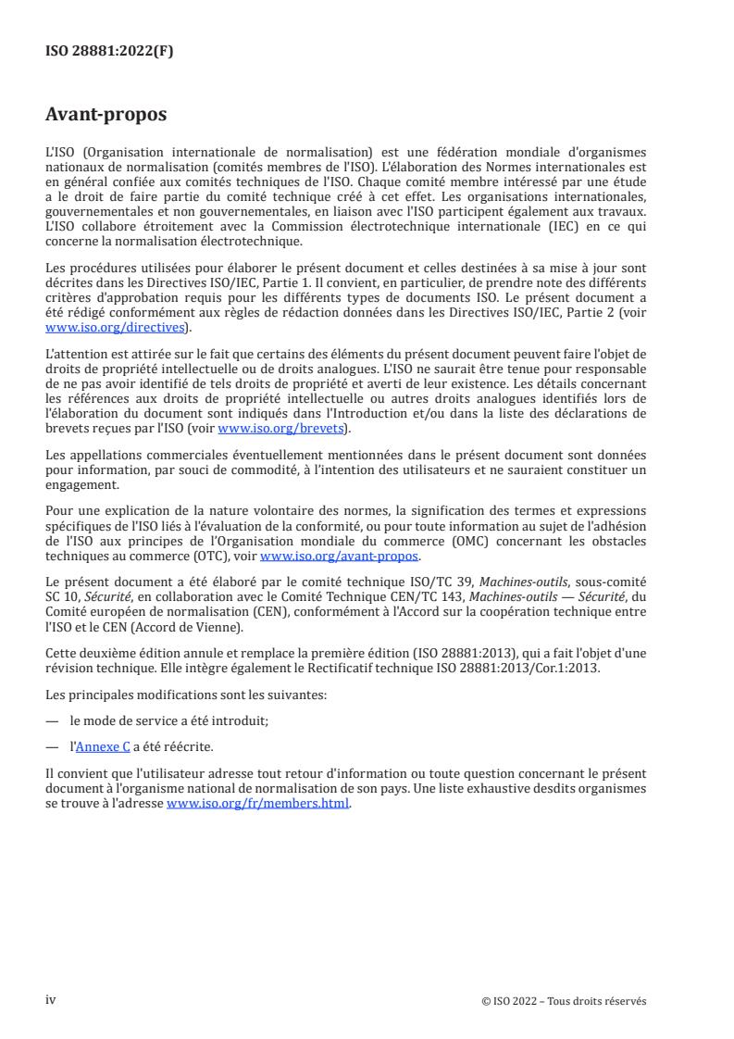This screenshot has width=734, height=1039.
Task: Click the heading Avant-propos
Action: (106, 115)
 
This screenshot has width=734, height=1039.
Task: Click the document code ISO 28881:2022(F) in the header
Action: (109, 52)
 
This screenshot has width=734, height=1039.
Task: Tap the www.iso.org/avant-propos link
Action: (341, 556)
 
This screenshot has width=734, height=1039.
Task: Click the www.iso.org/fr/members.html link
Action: (258, 804)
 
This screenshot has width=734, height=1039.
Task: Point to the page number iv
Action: (51, 999)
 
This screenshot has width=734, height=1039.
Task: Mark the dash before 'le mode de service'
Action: (53, 720)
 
